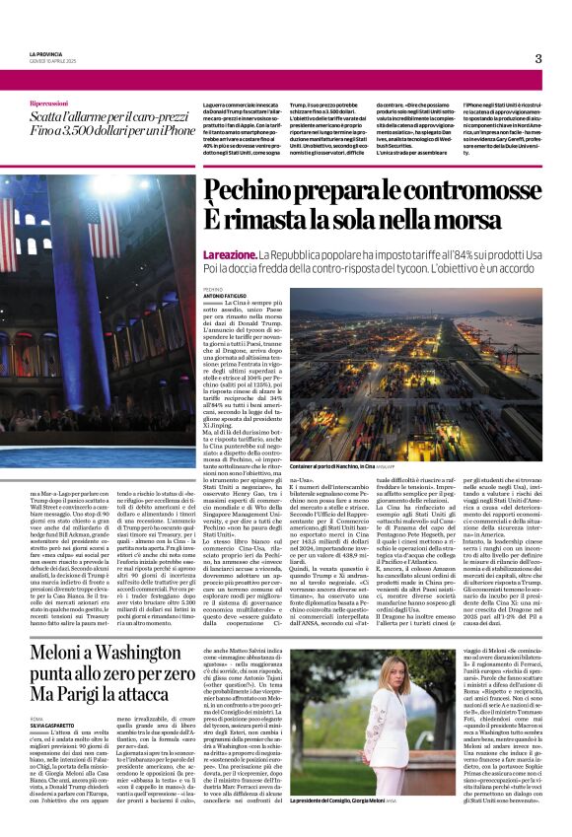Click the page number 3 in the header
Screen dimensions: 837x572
(x=537, y=58)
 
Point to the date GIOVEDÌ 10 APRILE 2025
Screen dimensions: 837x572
(x=57, y=61)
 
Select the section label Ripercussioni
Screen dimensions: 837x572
(x=49, y=104)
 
